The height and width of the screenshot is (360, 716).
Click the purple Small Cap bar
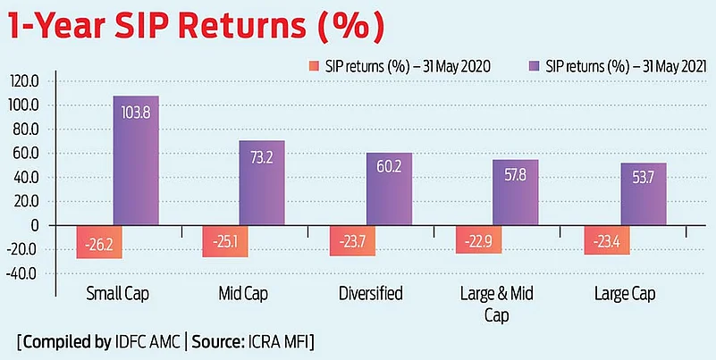[x=136, y=161]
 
